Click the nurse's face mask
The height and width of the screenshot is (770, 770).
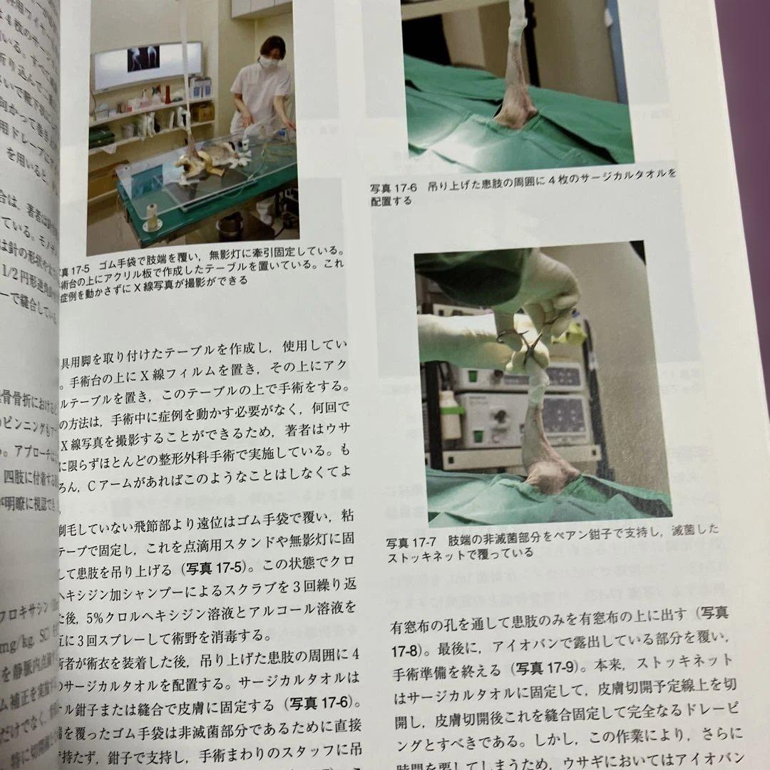[269, 63]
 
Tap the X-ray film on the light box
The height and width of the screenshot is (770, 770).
[143, 60]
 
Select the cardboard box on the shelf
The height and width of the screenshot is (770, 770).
[205, 112]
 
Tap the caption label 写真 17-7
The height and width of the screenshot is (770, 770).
[413, 540]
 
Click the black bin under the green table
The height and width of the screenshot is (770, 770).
[230, 227]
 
